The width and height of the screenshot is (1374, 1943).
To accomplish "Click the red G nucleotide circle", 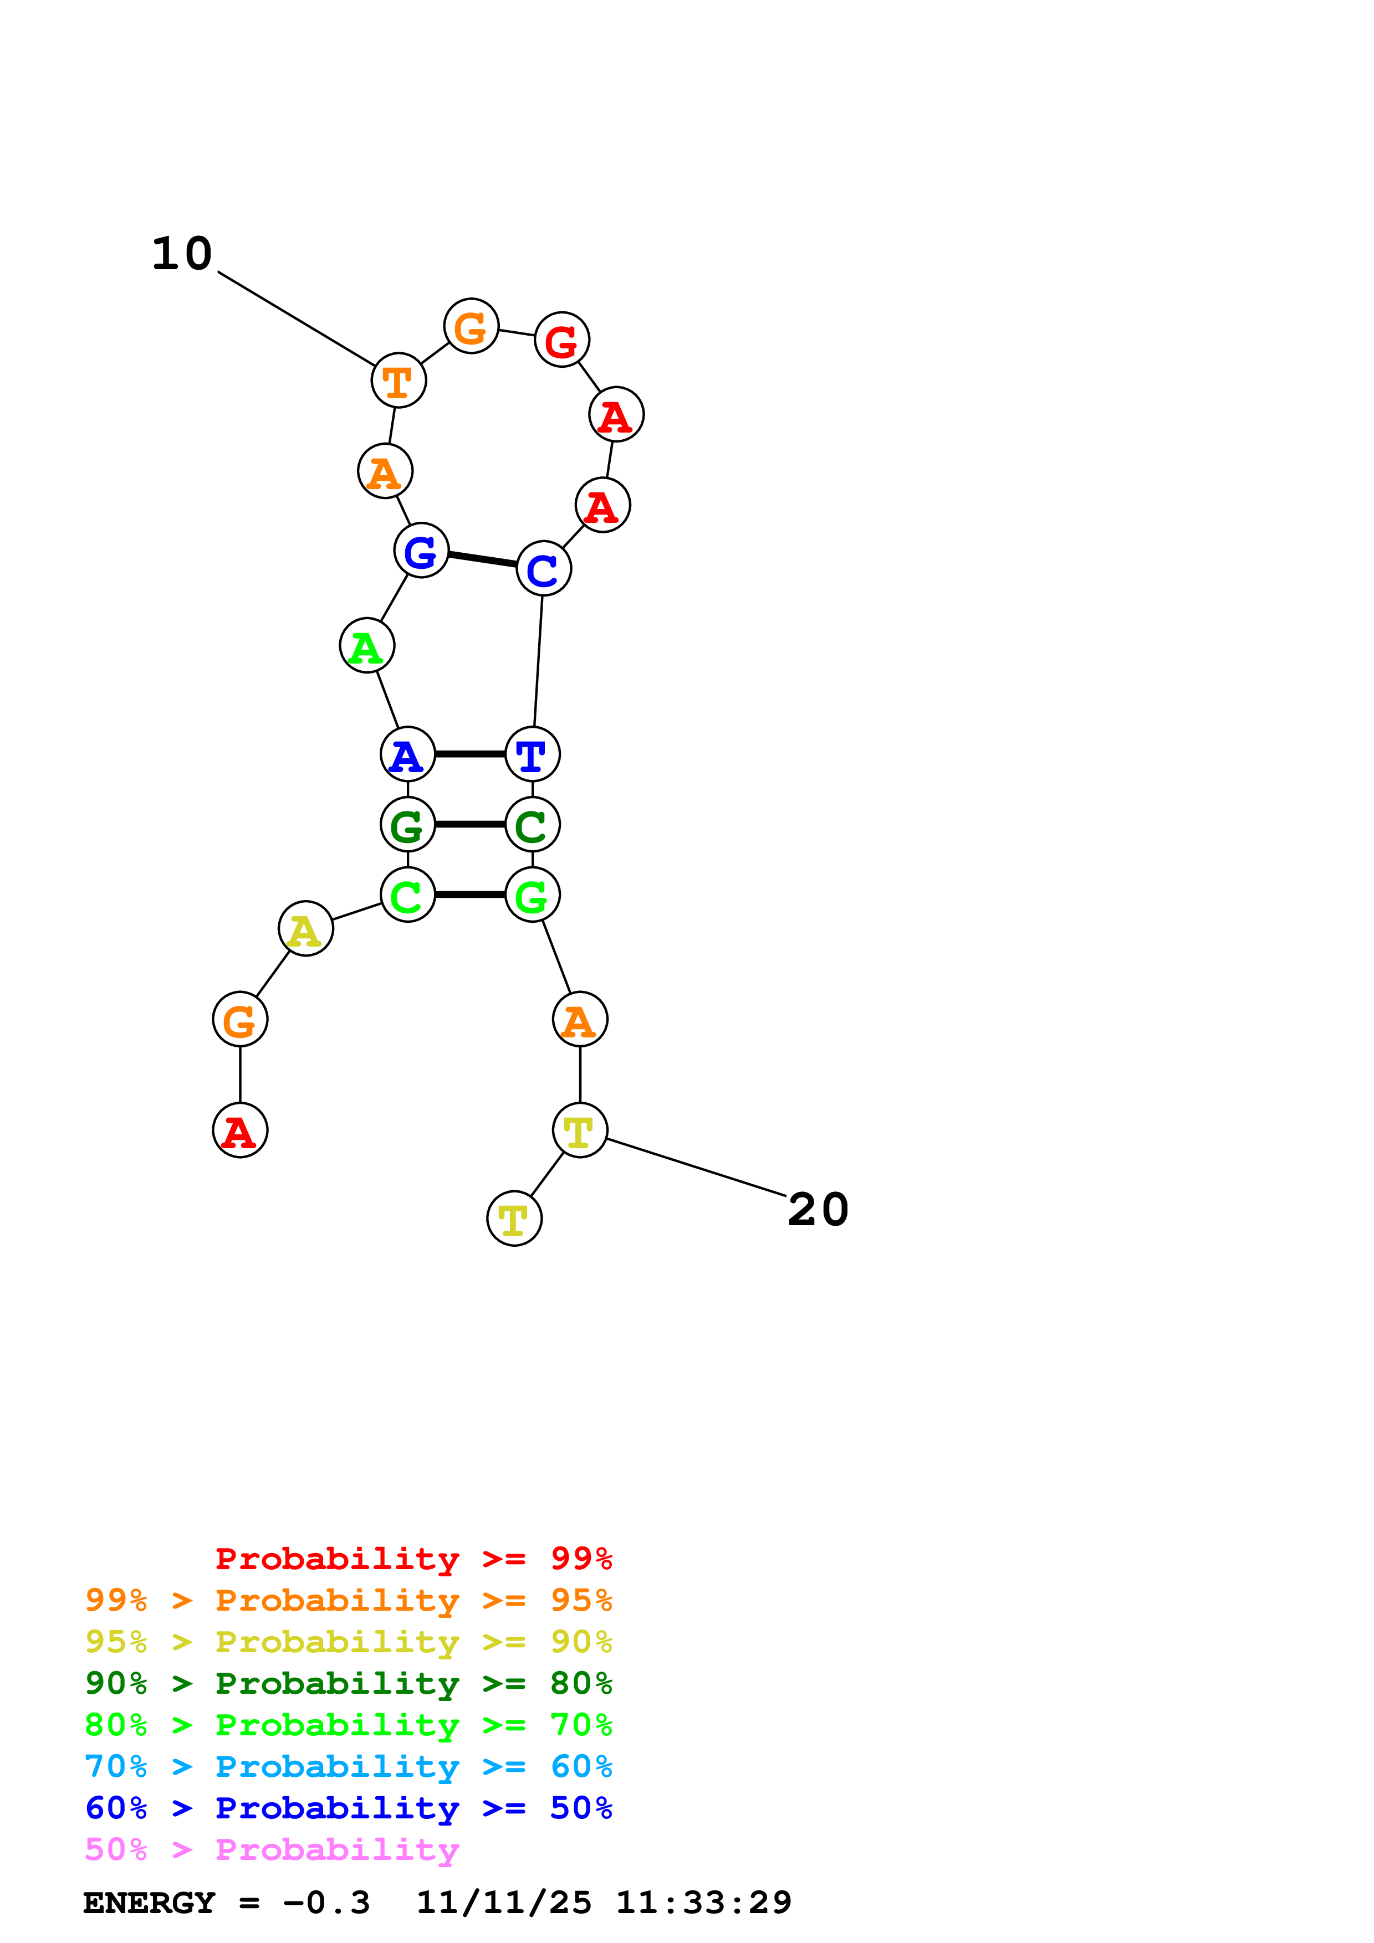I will point(561,340).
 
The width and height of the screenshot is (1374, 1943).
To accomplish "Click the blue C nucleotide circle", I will point(544,569).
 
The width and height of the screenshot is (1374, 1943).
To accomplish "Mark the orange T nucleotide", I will point(398,381).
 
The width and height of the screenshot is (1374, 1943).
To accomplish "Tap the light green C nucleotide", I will point(407,895).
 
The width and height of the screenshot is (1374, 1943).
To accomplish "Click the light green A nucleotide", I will point(366,646).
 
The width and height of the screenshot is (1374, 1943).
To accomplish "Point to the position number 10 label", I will point(182,254).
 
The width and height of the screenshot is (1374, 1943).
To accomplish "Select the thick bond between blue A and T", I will point(470,754).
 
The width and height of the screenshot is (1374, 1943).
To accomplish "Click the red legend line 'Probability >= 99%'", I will point(413,1559).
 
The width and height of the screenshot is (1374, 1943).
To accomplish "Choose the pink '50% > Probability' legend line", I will point(271,1850).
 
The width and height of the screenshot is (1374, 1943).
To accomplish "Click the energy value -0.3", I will point(326,1903).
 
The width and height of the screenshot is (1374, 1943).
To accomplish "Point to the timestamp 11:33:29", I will point(703,1903).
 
